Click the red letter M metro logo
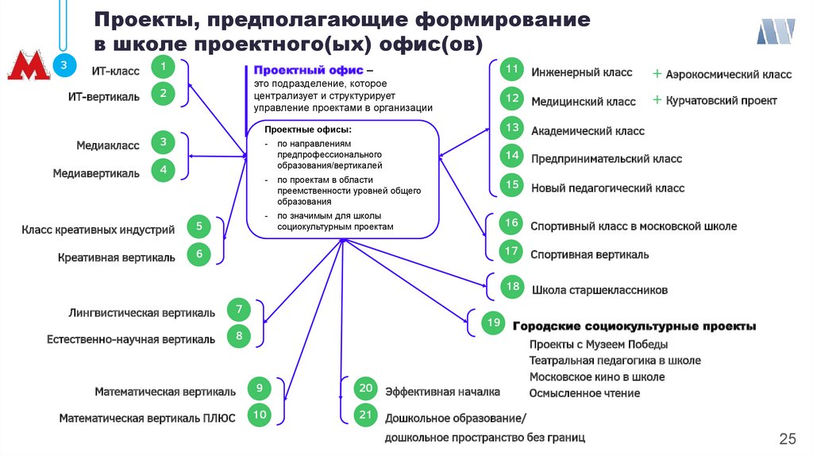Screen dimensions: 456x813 (x=27, y=67)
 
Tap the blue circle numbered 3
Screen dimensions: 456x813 (x=64, y=65)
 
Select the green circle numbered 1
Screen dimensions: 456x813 (x=163, y=67)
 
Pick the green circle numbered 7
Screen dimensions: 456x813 (x=238, y=308)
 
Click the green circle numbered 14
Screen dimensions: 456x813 (x=513, y=156)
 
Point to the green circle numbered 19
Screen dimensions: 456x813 (x=493, y=323)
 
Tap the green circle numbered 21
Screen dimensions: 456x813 (x=365, y=415)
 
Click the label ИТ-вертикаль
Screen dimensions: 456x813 (x=103, y=97)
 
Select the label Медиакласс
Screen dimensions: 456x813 (x=108, y=145)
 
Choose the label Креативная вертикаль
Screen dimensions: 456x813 (x=117, y=257)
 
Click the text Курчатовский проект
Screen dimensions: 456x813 (x=721, y=101)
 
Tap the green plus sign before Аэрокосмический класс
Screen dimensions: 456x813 (x=657, y=74)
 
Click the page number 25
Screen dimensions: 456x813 (x=788, y=439)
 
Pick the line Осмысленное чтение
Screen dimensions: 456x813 (x=584, y=393)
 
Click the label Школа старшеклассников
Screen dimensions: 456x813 (x=599, y=290)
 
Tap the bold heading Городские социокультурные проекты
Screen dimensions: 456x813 (x=634, y=327)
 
